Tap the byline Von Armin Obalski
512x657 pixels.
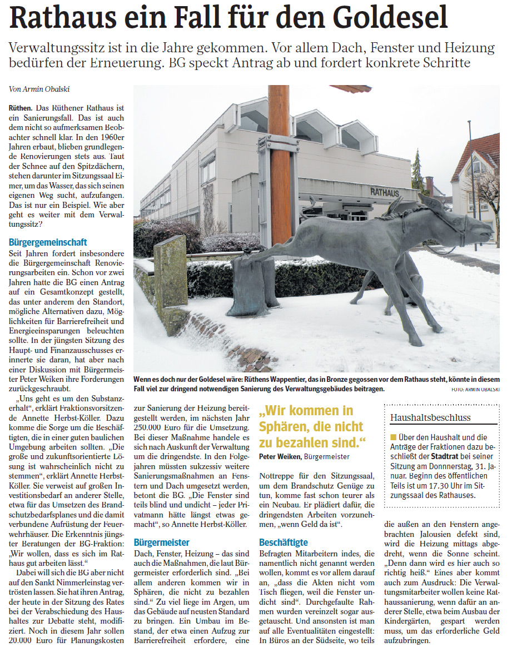[35, 89]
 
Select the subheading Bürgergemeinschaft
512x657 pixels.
[48, 242]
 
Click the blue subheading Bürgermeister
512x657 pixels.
[162, 542]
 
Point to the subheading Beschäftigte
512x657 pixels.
[284, 542]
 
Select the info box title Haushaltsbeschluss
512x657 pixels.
[430, 417]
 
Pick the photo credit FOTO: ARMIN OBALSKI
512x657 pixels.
[475, 390]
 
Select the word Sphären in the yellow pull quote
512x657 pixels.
[284, 427]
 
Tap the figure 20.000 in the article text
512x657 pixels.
[23, 640]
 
